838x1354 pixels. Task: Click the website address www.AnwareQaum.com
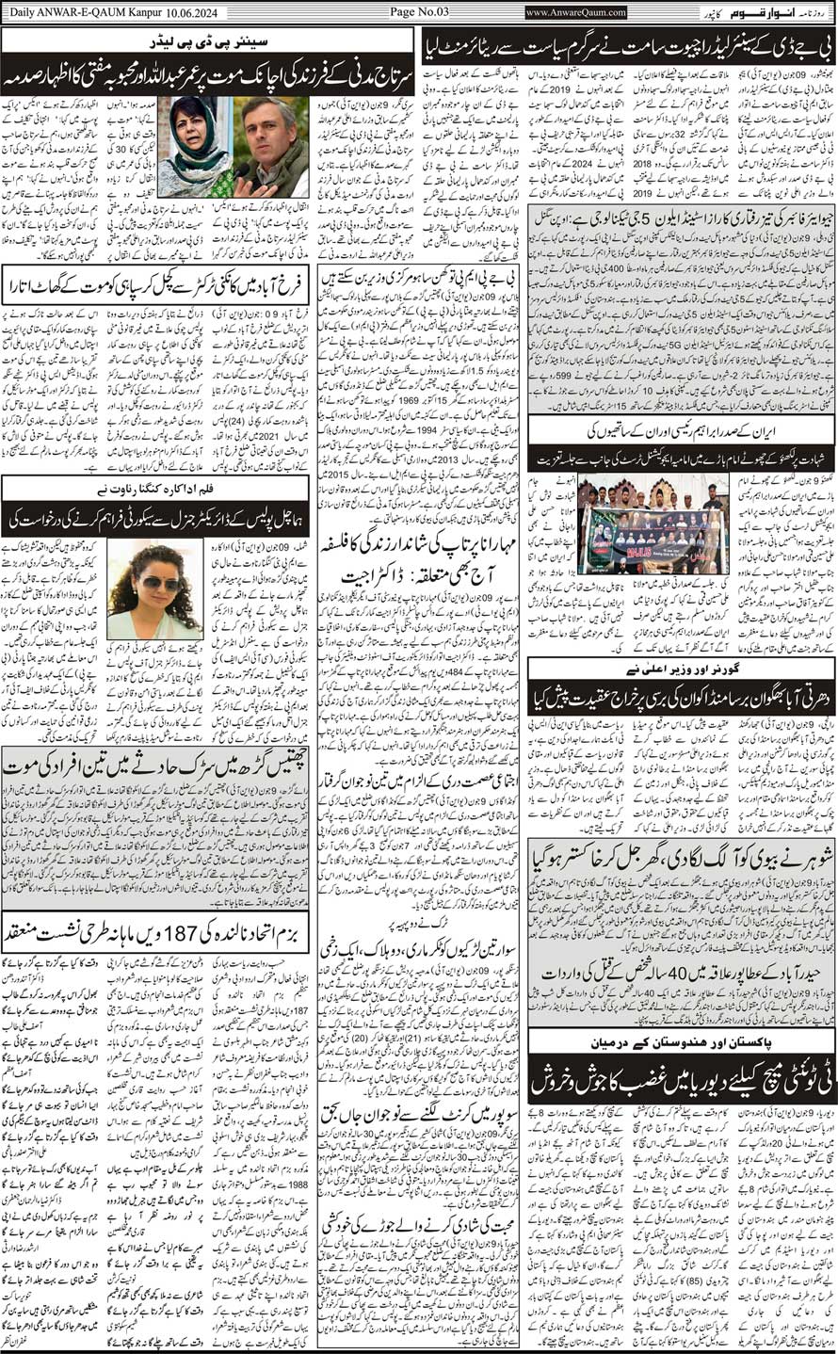click(576, 12)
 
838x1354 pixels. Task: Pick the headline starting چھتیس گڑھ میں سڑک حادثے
click(155, 764)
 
